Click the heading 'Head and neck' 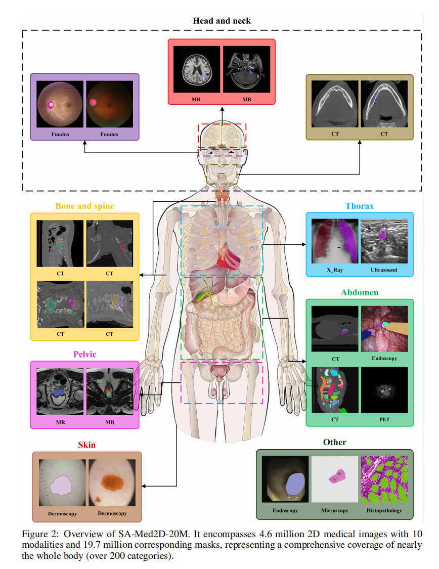222,21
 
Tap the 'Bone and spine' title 85,206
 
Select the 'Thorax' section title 359,206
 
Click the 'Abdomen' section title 360,292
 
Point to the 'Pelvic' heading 85,354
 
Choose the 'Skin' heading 86,445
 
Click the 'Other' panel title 335,442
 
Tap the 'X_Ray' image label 334,270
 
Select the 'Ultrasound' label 384,270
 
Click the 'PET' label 384,419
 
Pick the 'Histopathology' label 384,510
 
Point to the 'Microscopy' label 335,510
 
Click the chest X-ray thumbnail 334,241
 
